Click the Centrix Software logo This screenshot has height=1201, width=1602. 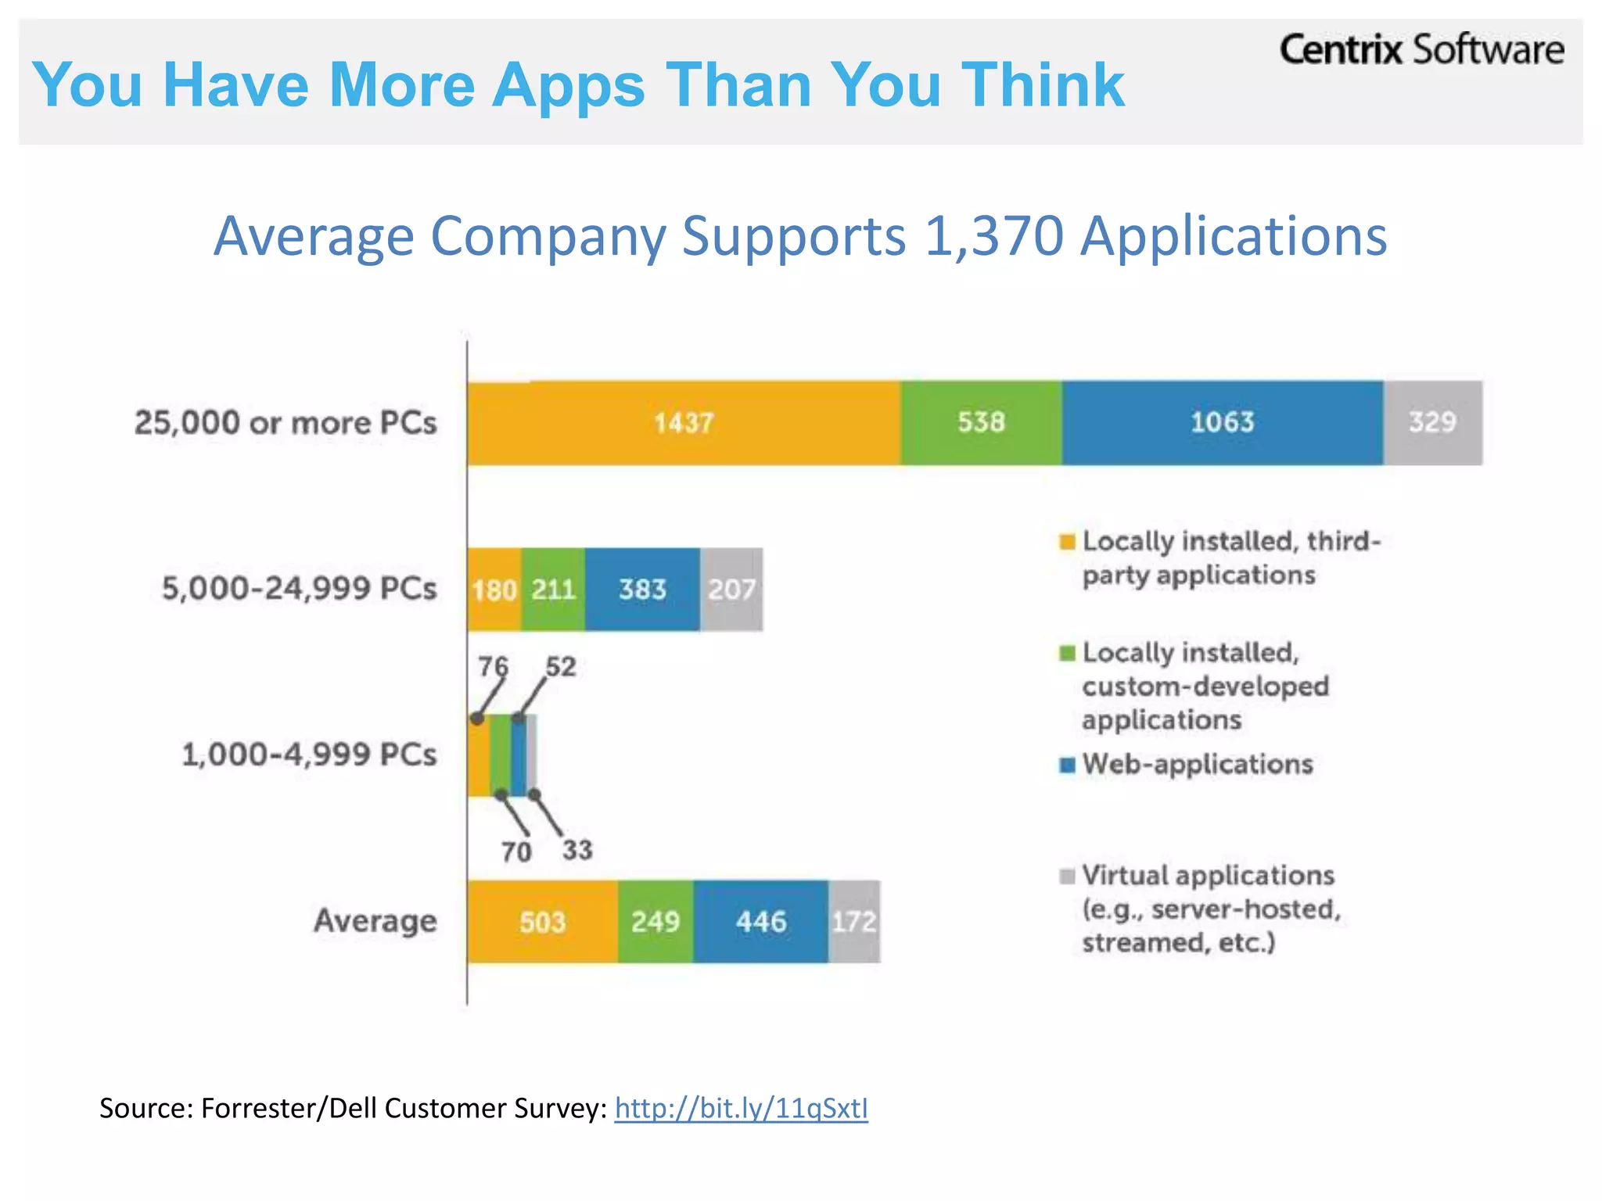tap(1421, 50)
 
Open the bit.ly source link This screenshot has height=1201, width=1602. tap(741, 1108)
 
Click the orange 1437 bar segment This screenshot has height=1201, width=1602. tap(684, 423)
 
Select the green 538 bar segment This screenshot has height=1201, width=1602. tap(981, 423)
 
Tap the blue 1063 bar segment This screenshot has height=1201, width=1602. tap(1222, 423)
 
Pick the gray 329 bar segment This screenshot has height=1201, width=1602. tap(1432, 423)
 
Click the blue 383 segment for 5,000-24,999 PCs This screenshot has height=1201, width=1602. tap(642, 590)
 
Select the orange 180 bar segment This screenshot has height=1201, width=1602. tap(494, 590)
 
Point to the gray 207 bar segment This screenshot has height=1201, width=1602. tap(731, 590)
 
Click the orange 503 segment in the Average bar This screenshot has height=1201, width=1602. tap(542, 922)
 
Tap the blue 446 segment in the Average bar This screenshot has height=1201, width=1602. tap(760, 922)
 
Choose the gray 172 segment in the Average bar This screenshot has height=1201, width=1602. tap(853, 922)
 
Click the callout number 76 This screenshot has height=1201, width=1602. tap(494, 667)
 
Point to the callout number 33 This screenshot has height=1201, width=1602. tap(577, 850)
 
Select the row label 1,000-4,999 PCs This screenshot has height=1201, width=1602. tap(309, 755)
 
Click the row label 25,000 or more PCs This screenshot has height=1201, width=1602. tap(286, 423)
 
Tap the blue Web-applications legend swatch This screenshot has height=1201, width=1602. tap(1067, 765)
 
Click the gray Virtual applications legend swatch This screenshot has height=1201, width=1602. tap(1067, 877)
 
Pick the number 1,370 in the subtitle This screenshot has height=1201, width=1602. tap(993, 235)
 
